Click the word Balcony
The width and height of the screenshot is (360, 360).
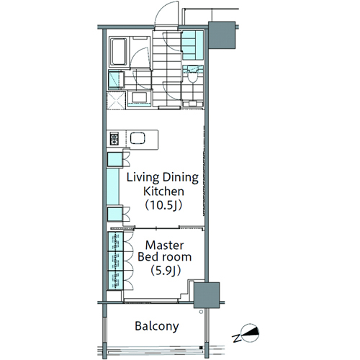[x=157, y=327]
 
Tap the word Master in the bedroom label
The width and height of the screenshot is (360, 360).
[x=165, y=246]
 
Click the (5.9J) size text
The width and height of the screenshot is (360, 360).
[x=166, y=271]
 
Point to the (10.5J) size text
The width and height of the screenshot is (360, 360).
[x=163, y=205]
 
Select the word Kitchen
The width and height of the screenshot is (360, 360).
[x=163, y=192]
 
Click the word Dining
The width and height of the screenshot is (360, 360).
[x=181, y=178]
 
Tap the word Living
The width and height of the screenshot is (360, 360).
[x=143, y=178]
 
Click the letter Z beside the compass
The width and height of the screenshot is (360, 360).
[x=236, y=338]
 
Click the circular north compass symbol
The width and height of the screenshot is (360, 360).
[x=251, y=333]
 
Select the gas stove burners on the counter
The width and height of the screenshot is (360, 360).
[x=114, y=139]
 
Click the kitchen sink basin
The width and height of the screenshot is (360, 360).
[x=138, y=138]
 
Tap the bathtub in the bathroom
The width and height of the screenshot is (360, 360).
[x=118, y=52]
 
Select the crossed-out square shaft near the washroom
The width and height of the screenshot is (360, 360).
[x=116, y=100]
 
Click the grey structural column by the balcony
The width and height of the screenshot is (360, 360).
[x=207, y=295]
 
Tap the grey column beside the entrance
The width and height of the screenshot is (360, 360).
[x=222, y=35]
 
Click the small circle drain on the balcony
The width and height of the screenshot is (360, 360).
[x=201, y=312]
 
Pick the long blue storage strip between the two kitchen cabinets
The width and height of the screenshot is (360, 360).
[x=113, y=186]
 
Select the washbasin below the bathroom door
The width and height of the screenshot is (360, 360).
[x=139, y=99]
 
